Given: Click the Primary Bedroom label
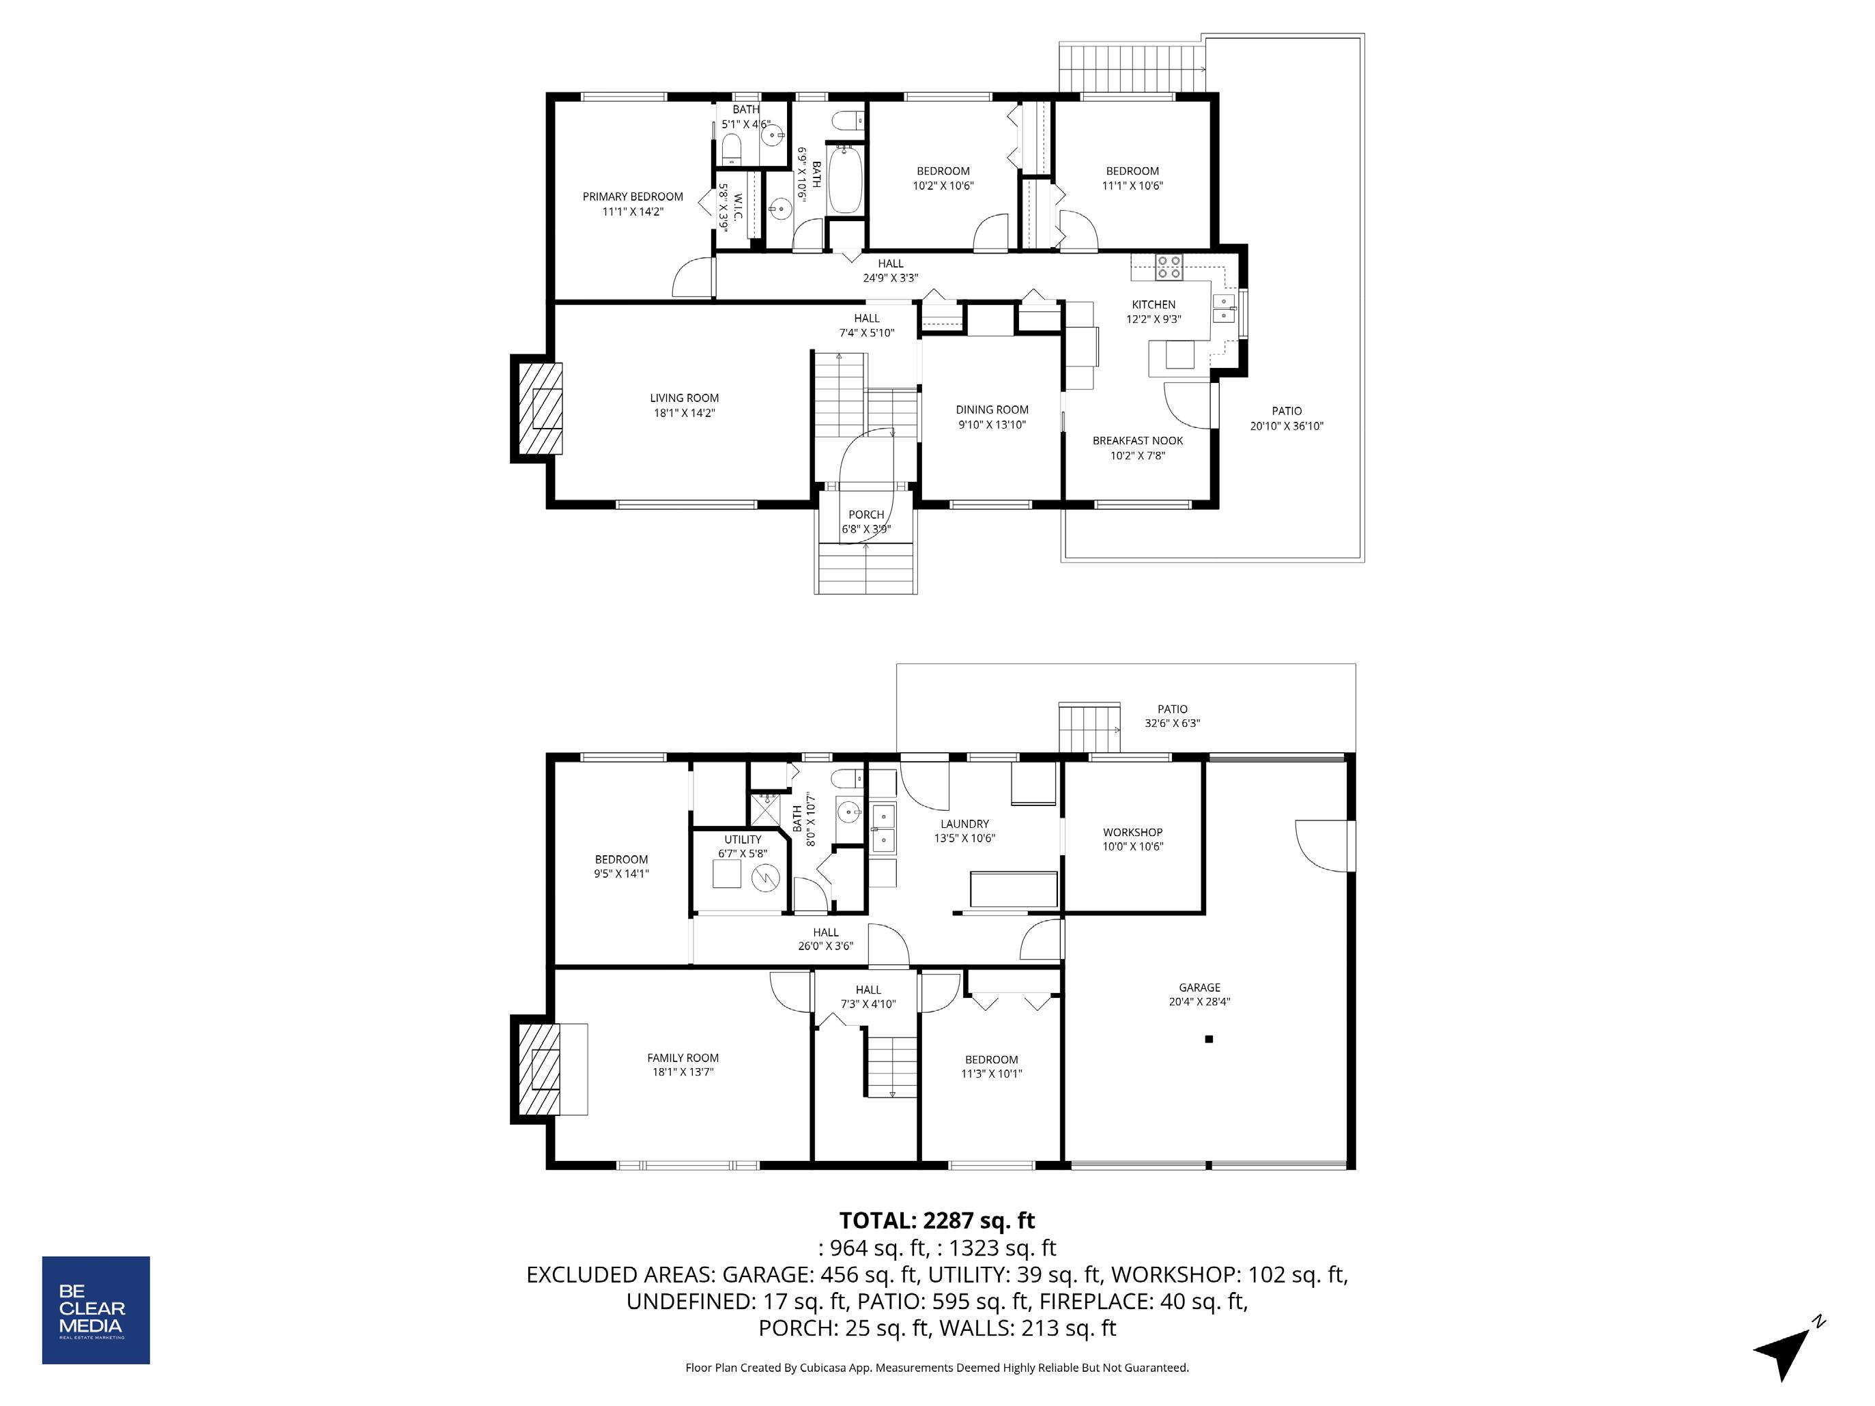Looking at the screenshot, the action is pos(632,197).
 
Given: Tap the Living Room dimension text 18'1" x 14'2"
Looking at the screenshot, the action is pos(684,414).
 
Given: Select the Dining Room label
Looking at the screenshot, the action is pos(992,410).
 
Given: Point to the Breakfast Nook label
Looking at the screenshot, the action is pos(1138,441).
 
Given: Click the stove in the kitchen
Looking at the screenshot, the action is pos(1170,267).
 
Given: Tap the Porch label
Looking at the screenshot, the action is pos(866,515).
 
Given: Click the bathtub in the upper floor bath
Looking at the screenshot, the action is pos(845,180).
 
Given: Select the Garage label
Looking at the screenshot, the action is pos(1199,988).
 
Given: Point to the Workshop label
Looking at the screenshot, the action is pos(1132,832).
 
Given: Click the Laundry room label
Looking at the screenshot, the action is pos(964,824).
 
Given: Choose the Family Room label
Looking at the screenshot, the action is pos(683,1058).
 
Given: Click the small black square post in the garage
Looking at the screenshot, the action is pos(1209,1039).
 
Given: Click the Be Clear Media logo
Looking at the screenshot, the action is pos(96,1310).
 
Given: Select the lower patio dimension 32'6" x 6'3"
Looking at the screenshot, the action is pos(1172,723).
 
